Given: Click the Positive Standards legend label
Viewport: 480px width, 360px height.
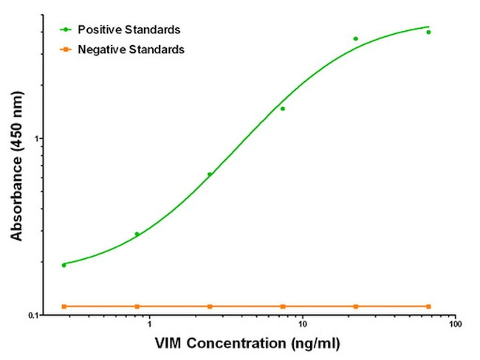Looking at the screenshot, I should pos(130,30).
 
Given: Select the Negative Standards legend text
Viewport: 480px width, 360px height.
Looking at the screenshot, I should pos(131,49).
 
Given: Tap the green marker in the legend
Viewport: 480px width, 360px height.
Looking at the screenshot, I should pos(66,30).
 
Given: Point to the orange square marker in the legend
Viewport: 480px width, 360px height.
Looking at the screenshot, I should pos(66,49).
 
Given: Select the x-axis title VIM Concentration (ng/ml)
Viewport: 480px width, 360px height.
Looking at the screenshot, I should pos(249,344).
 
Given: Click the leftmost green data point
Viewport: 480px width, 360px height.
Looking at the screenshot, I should pos(64,265).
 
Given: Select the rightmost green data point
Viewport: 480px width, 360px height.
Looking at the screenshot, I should pos(428,32).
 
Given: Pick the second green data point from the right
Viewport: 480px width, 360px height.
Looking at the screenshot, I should pos(355,38).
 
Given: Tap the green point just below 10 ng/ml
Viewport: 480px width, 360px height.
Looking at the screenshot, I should pos(282,108).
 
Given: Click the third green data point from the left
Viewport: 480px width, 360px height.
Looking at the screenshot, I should pos(210,174).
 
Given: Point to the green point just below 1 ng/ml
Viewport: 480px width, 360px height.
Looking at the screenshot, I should pos(137,234).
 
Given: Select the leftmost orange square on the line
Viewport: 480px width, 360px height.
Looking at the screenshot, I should pos(64,306).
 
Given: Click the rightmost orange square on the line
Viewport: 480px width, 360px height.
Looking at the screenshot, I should pos(428,306).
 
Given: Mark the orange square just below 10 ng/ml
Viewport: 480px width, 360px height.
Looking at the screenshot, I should pos(282,306).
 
